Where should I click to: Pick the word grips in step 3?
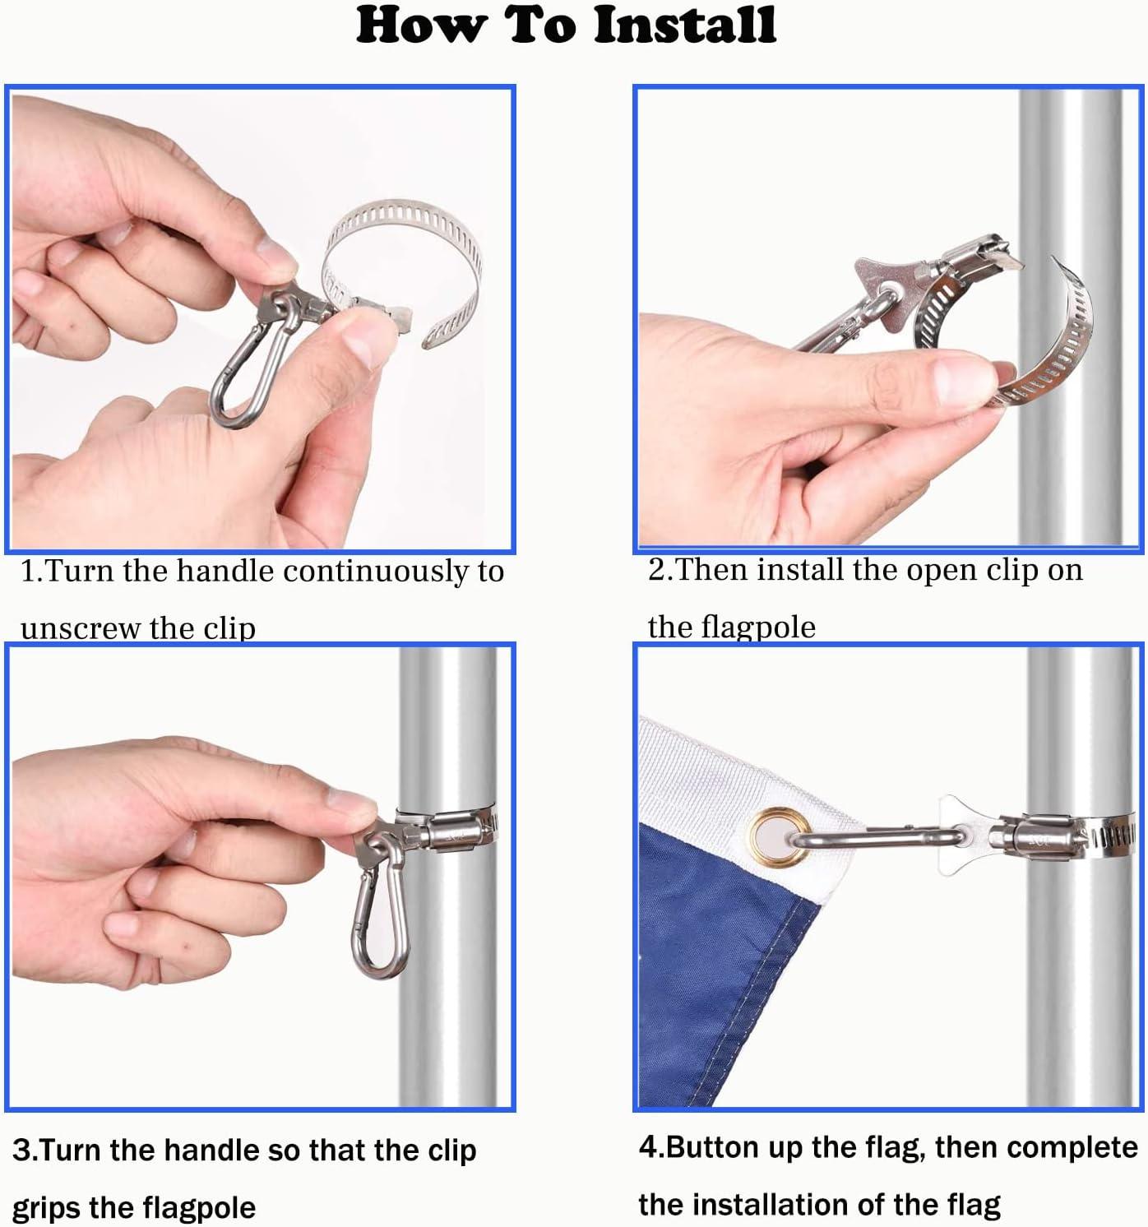click(46, 1208)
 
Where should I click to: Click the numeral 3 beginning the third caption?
click(21, 1151)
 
